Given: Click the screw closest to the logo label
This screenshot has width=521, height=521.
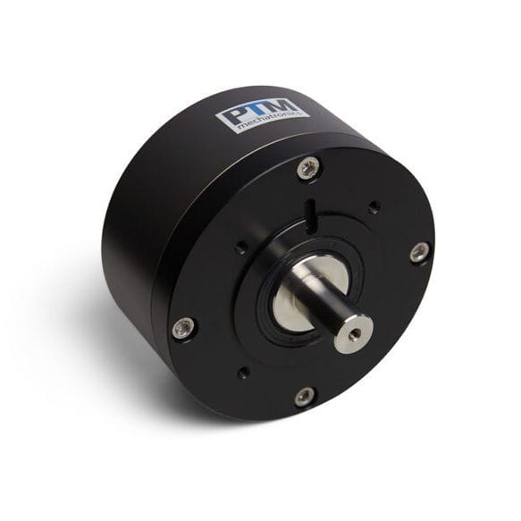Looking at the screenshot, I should coord(308,166).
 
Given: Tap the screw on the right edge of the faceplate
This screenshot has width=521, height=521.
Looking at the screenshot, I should coord(419,253).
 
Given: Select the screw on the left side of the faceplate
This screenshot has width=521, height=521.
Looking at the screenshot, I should coord(184,328).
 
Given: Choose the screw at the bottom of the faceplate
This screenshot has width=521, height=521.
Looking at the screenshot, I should coord(305,395).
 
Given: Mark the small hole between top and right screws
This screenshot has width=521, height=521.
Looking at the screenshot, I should coord(374,206).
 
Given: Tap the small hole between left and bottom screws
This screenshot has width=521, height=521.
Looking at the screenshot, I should coord(243,372).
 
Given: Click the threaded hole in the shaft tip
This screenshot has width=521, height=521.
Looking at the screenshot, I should coord(355,333).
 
